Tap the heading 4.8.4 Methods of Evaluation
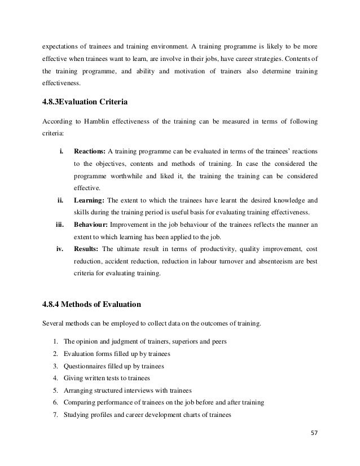(x=92, y=305)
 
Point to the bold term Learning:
(x=89, y=200)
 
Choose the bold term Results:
(x=87, y=249)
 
